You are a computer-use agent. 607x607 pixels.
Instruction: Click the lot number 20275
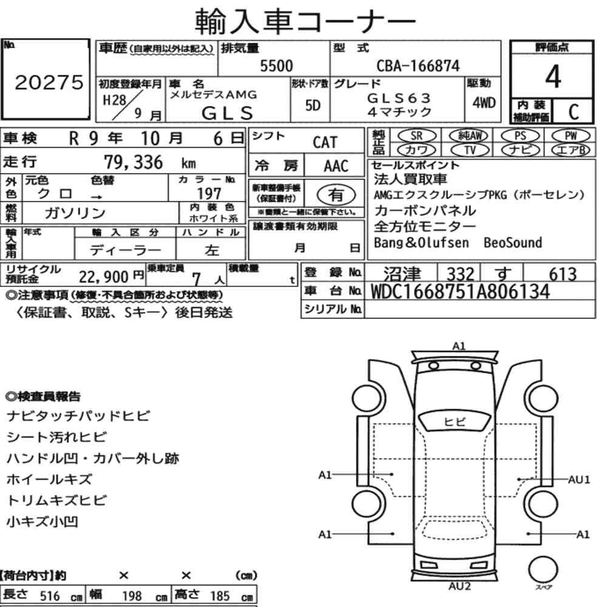pyautogui.click(x=49, y=82)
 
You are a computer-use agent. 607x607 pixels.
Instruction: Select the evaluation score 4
pyautogui.click(x=553, y=76)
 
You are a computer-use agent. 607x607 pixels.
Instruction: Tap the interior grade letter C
pyautogui.click(x=574, y=112)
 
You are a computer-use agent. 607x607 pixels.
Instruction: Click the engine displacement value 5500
pyautogui.click(x=276, y=66)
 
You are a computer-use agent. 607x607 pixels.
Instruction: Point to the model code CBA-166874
pyautogui.click(x=418, y=66)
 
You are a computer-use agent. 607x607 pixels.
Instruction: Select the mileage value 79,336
pyautogui.click(x=133, y=162)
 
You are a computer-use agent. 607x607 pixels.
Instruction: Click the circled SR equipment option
pyautogui.click(x=417, y=136)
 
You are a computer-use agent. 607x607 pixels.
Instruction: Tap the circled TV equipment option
pyautogui.click(x=470, y=150)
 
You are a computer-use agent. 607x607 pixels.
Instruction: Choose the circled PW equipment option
pyautogui.click(x=571, y=136)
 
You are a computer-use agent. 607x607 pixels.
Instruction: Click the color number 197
pyautogui.click(x=209, y=194)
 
